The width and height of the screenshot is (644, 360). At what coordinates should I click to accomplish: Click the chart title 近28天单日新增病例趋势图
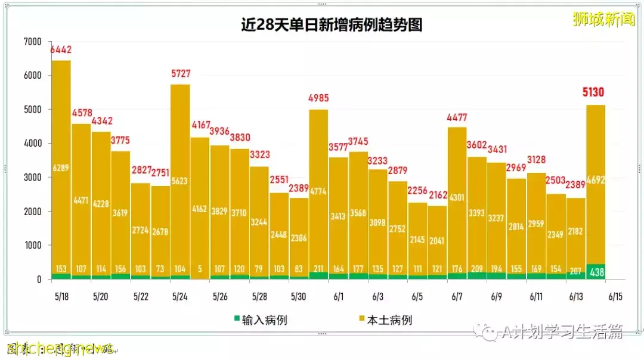pyautogui.click(x=332, y=26)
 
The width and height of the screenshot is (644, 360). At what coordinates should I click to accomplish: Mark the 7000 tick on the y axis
pyautogui.click(x=33, y=42)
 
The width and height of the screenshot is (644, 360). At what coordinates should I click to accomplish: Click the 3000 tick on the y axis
pyautogui.click(x=33, y=178)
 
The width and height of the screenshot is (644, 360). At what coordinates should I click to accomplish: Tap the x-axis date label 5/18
pyautogui.click(x=61, y=296)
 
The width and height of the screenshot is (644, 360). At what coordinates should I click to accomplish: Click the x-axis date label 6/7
pyautogui.click(x=457, y=296)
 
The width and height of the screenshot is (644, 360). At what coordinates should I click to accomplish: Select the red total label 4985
pyautogui.click(x=318, y=98)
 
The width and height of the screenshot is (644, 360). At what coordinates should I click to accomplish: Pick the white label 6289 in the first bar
pyautogui.click(x=61, y=168)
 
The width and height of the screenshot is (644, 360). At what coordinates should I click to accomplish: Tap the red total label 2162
pyautogui.click(x=437, y=194)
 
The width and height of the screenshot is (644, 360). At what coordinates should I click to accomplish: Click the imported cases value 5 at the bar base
pyautogui.click(x=200, y=269)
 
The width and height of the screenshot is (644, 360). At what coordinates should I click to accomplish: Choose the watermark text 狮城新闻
pyautogui.click(x=603, y=19)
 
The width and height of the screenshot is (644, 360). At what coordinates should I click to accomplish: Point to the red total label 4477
pyautogui.click(x=457, y=117)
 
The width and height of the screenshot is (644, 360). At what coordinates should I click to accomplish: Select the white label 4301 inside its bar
pyautogui.click(x=457, y=197)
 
